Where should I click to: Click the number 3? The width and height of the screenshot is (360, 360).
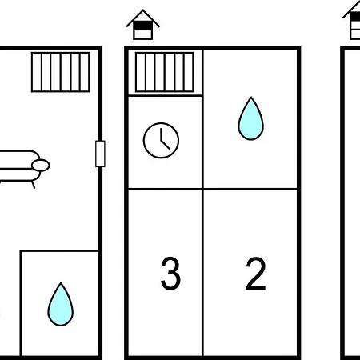[170, 274]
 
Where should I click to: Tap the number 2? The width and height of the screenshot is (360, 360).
[255, 274]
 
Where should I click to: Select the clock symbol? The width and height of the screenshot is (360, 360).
[161, 140]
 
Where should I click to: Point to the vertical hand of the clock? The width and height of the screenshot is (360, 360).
[161, 134]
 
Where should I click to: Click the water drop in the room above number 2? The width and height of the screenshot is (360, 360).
[250, 118]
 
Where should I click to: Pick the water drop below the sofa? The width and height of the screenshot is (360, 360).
[61, 305]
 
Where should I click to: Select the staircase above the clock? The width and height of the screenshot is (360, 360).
[165, 72]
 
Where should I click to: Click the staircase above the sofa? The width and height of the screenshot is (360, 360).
[61, 72]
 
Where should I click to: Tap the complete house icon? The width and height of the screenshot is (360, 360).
[143, 25]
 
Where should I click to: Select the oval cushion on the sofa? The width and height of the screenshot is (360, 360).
[41, 166]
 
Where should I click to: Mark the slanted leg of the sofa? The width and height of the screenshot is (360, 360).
[34, 185]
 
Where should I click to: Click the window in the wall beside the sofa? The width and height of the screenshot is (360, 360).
[100, 154]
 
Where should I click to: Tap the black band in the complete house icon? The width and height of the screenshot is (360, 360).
[143, 26]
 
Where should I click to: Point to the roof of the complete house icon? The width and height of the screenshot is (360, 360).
[143, 17]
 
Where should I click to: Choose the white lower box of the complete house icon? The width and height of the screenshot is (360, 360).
[143, 34]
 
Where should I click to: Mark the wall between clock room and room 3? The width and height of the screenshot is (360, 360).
[165, 189]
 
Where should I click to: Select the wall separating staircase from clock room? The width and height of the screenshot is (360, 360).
[165, 95]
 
